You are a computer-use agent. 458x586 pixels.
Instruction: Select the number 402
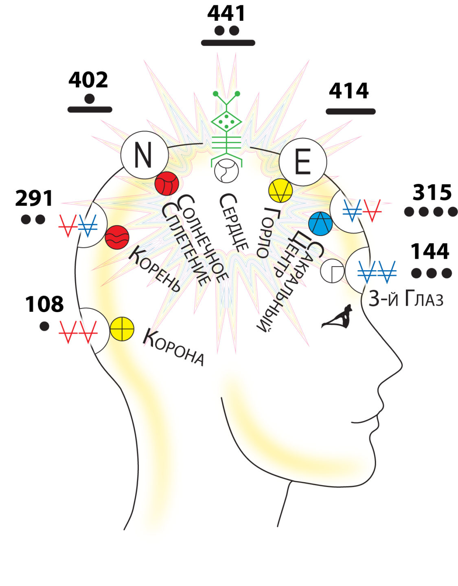pos(88,80)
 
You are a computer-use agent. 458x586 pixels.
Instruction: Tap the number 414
pos(349,91)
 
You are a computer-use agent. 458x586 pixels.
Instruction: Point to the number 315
pos(432,192)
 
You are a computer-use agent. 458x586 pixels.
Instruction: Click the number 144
pos(430,251)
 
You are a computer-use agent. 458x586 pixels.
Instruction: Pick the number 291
pos(34,199)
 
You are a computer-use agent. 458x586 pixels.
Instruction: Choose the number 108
pos(44,304)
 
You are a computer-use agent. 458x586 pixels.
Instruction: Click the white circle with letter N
pos(144,155)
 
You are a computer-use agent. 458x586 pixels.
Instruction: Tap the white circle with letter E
pos(302,162)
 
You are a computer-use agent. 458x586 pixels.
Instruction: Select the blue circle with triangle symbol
pos(320,223)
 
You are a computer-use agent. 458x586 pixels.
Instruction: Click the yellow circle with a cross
pos(122,329)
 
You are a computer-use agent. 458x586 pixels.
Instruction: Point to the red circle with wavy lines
pos(117,237)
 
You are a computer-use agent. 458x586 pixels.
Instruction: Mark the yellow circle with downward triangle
pos(280,190)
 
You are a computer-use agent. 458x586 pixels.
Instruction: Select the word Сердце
pos(234,222)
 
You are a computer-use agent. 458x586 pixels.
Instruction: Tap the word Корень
pos(155,269)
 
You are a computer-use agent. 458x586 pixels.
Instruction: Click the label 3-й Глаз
pos(405,300)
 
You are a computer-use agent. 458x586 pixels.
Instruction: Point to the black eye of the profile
pos(337,317)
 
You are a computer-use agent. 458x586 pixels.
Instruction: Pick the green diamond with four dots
pos(226,121)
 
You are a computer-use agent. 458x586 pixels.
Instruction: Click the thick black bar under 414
pos(351,111)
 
